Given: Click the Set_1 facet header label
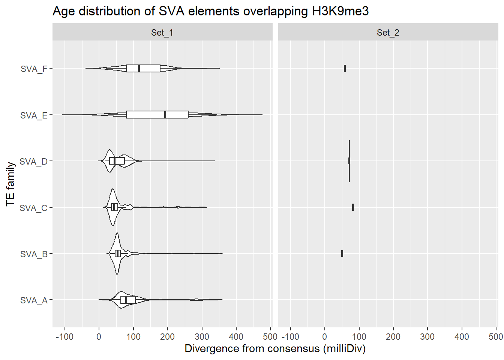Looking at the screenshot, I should (162, 33).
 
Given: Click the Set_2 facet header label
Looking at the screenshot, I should (388, 33).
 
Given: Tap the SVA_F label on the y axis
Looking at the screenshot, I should (34, 69).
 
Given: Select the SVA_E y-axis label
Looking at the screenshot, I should (34, 115).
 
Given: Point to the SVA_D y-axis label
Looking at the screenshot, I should (33, 162).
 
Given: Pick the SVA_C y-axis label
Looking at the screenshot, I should (33, 208).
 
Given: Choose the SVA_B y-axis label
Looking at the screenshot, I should (34, 254).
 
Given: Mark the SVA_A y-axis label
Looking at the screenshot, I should (34, 300).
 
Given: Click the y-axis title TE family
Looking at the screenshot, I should (10, 184).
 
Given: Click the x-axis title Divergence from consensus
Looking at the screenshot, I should (275, 349).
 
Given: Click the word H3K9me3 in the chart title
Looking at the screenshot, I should (340, 11).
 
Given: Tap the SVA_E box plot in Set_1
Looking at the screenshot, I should (157, 115).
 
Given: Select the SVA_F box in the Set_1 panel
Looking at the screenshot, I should (143, 68).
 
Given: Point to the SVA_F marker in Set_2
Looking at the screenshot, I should (345, 68).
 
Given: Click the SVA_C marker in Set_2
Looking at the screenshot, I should (353, 207).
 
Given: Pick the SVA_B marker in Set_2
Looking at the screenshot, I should (342, 253).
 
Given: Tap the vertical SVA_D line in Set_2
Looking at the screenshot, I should (349, 161).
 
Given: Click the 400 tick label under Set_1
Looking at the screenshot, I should (236, 337).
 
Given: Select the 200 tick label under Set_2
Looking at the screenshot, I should (393, 337).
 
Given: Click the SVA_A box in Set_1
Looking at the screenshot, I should (128, 300).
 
